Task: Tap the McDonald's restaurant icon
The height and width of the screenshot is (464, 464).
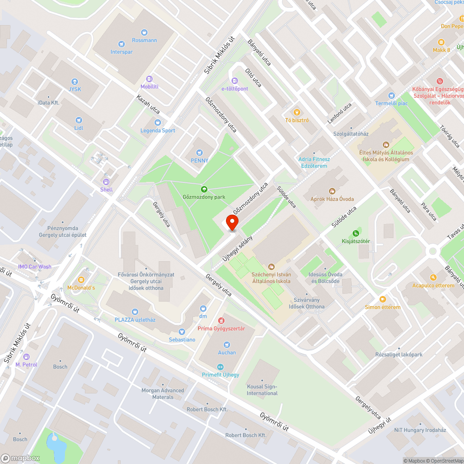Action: pos(81,279)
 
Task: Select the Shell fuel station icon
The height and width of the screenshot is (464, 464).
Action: pos(106,182)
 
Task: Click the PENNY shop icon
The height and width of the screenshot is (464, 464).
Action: pos(200,152)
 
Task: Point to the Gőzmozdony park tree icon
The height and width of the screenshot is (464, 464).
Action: pos(204,189)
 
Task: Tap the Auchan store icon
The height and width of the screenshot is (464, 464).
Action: pos(226,344)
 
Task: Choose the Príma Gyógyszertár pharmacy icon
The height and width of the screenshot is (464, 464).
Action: pos(221,321)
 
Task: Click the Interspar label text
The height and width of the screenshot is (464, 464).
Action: pos(122,52)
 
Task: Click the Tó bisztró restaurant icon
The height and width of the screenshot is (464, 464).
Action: pos(297,112)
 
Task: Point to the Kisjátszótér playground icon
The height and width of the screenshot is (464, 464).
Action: pos(356,233)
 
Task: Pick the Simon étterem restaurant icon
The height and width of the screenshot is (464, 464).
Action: pos(382,299)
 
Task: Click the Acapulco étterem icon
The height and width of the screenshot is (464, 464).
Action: pos(433,277)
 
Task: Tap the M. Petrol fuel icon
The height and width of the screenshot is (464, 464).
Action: pos(26,356)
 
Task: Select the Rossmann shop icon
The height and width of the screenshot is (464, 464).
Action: pos(144,32)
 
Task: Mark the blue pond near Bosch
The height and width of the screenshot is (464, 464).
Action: pos(56,446)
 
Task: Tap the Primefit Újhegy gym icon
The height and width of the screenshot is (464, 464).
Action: pos(220,367)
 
